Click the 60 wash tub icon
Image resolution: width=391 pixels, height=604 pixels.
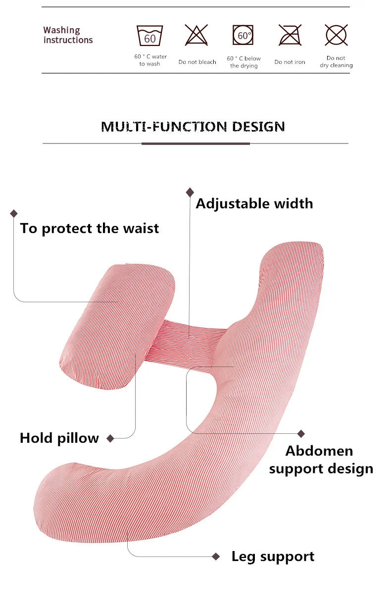[x=150, y=36]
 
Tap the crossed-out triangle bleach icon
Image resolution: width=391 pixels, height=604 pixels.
[x=196, y=35]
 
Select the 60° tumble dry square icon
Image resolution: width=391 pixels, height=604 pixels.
[x=243, y=35]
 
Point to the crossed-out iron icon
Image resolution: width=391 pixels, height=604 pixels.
[x=290, y=35]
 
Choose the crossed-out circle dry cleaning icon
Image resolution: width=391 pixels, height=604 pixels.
[x=336, y=35]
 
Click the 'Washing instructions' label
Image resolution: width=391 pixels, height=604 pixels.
[x=68, y=35]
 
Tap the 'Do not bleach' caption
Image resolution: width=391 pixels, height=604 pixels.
[x=197, y=62]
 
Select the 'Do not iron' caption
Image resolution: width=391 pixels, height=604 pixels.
[x=290, y=62]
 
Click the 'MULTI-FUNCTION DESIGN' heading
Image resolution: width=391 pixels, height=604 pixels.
[x=193, y=127]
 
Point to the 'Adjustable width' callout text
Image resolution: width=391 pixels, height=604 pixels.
[x=254, y=204]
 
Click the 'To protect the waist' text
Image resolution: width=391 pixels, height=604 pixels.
[x=89, y=229]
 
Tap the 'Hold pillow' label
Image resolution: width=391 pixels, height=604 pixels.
[x=59, y=438]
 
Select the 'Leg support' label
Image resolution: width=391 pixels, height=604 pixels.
[x=273, y=557]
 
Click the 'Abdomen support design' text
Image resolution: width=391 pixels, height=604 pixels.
[x=321, y=460]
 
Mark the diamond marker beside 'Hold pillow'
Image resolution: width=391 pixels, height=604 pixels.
[x=110, y=438]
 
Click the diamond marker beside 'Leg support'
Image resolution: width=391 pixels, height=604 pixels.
[x=216, y=557]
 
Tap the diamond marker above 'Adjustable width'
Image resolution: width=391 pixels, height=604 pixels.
[x=190, y=192]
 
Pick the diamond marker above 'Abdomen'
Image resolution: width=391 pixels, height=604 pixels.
[x=301, y=434]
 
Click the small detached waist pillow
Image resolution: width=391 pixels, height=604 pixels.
[x=117, y=326]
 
